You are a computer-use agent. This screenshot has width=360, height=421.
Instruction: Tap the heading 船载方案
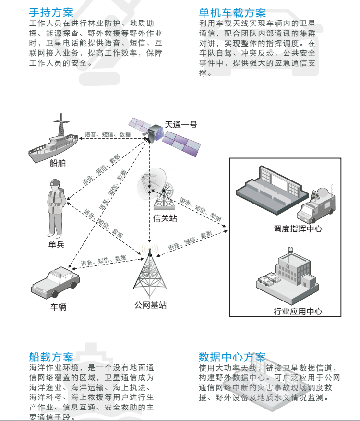[x=51, y=357]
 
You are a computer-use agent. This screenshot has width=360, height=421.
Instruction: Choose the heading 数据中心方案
[x=232, y=357]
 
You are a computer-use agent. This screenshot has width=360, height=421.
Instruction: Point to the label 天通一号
[x=181, y=124]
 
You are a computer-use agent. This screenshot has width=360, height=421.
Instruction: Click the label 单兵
[x=56, y=245]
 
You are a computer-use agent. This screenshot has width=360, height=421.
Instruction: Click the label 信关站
[x=165, y=218]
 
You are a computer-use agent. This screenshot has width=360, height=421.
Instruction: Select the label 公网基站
[x=150, y=305]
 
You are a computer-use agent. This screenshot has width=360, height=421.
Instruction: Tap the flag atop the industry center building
[x=290, y=249]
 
